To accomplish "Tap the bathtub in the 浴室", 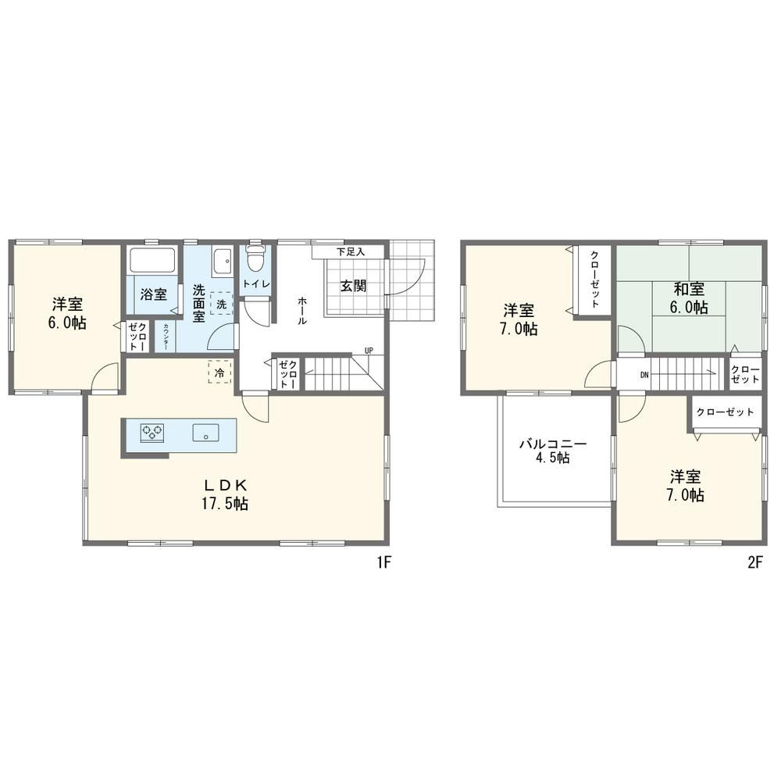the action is [152, 261].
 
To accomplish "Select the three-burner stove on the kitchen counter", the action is [152, 431].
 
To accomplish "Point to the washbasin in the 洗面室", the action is [222, 261].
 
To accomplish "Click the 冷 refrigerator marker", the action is [219, 372].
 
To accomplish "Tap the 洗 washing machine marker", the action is [222, 304].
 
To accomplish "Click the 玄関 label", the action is [353, 286].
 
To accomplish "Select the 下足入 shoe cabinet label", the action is [351, 252].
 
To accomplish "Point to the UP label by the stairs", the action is [369, 350].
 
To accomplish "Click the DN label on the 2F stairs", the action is [644, 375].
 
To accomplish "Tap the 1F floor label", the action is [384, 562].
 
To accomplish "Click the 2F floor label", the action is [755, 562].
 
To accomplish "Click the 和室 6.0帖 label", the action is [689, 298].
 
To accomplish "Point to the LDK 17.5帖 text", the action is [225, 494].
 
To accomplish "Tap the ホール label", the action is [302, 310].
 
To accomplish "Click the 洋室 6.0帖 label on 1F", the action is [67, 313].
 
